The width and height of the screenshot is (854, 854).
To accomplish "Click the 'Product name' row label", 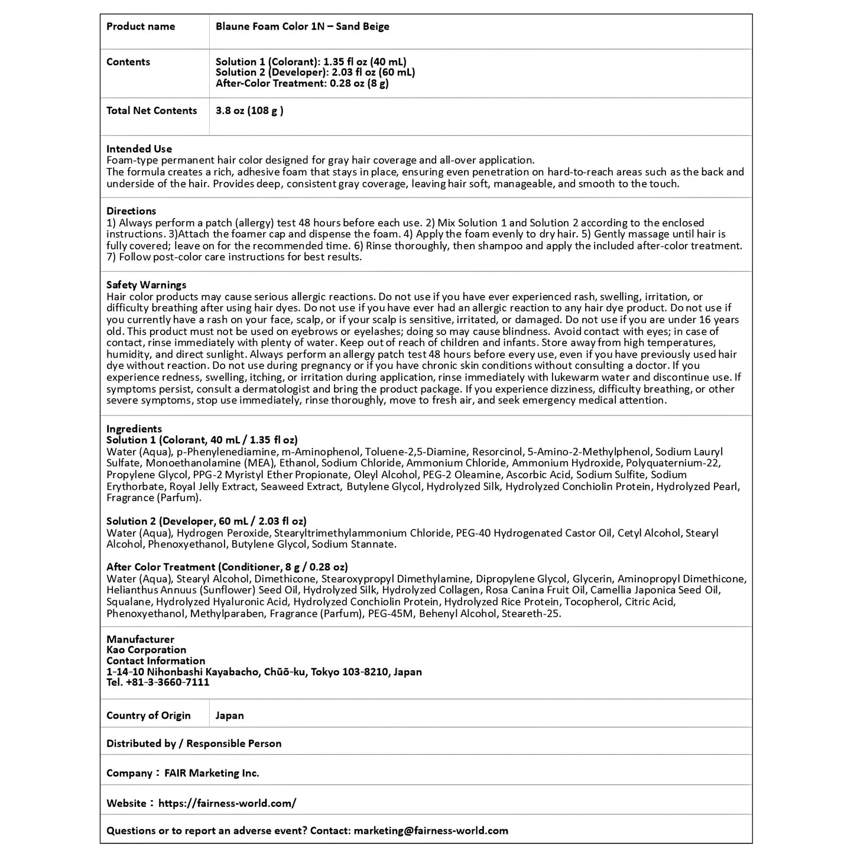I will tap(141, 27).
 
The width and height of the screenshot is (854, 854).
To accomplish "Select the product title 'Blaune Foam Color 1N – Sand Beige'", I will tap(302, 27).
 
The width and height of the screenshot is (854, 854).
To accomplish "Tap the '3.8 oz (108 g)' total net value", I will tap(249, 111).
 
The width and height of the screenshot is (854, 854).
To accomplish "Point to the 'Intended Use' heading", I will tap(139, 149).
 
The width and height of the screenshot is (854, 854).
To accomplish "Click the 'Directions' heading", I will tap(131, 211).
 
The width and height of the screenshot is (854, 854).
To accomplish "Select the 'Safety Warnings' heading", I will tap(146, 285).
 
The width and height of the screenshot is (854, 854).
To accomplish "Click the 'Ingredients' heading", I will tap(134, 429).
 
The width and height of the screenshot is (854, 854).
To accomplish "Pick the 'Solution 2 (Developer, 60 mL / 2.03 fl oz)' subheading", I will tap(206, 521).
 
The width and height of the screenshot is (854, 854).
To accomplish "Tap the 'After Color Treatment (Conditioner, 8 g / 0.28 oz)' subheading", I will tap(227, 567).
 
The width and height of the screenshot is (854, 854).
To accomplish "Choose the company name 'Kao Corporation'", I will tap(146, 650).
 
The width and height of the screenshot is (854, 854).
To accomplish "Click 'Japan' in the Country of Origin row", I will tap(229, 716).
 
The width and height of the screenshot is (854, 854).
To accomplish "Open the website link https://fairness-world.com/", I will tap(227, 804).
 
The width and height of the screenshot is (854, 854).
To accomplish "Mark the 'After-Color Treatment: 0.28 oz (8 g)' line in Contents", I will tap(302, 83).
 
